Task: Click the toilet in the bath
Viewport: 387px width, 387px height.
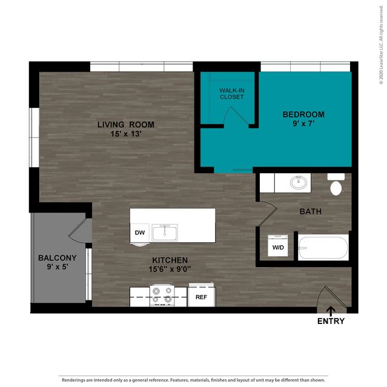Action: (336, 184)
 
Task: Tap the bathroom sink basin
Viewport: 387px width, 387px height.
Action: (299, 183)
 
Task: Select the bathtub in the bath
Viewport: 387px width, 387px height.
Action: (323, 248)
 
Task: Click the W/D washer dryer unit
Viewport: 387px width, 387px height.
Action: (278, 245)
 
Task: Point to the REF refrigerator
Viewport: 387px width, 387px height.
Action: (202, 295)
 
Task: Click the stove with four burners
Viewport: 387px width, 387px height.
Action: (162, 296)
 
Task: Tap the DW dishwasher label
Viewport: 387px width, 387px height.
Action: (140, 233)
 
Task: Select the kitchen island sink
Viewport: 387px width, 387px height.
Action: (165, 233)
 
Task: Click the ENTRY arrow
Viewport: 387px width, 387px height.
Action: (331, 311)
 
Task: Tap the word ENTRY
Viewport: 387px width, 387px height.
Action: (331, 321)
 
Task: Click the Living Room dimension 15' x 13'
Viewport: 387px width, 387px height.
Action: (126, 134)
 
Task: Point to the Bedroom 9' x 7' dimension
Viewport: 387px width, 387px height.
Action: (303, 123)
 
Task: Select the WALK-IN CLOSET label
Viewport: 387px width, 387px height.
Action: (232, 94)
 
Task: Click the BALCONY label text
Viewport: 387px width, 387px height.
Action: (58, 258)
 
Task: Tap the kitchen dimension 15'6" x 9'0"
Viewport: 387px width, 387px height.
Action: (170, 269)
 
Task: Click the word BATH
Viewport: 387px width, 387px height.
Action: (311, 211)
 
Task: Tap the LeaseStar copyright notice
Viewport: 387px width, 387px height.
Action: (382, 45)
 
